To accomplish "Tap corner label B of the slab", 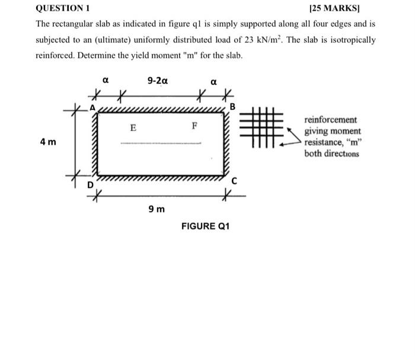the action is tap(232, 107).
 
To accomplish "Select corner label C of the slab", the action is tap(234, 181).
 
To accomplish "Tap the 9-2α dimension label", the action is tap(157, 79).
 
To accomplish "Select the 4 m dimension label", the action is tap(47, 142).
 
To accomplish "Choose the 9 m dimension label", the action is tap(157, 209).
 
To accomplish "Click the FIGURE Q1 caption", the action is tap(205, 227).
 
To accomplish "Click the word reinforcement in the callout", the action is tap(330, 120).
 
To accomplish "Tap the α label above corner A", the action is tap(105, 78).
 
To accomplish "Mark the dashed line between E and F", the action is tap(161, 143).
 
